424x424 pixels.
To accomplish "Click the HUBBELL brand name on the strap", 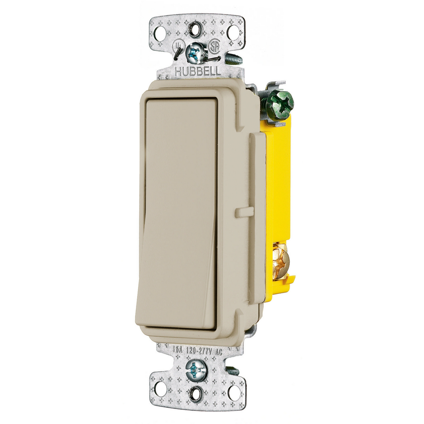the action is (198, 72).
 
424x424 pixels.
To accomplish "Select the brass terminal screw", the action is (280, 261).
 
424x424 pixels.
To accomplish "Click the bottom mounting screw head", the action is (195, 369).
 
